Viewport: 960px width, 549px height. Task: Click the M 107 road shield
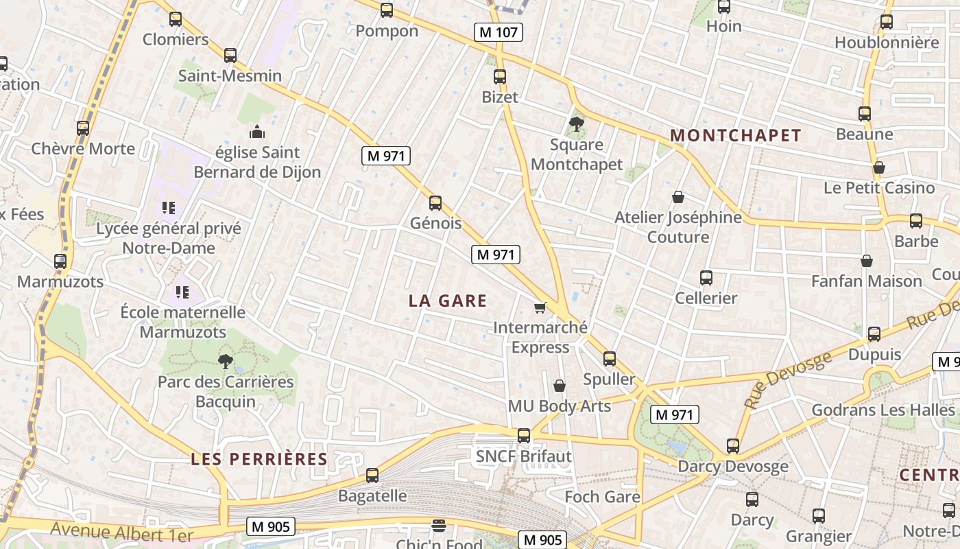point(499,32)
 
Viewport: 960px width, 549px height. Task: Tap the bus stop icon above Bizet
point(500,77)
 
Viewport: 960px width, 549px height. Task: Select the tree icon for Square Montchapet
point(576,124)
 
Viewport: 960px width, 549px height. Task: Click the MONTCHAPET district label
point(736,135)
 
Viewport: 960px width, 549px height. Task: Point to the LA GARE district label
point(448,301)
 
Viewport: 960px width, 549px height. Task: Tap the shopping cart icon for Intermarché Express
point(540,307)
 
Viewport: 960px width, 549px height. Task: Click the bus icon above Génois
point(435,203)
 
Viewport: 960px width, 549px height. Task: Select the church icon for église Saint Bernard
point(257,132)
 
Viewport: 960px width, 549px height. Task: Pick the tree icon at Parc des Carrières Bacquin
point(225,361)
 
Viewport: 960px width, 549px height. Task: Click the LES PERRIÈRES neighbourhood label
point(259,459)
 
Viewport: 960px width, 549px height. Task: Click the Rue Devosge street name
point(789,379)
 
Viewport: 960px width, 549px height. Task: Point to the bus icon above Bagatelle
point(372,475)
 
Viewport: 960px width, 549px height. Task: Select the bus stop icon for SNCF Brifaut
point(524,435)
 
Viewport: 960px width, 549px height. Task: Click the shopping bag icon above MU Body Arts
point(560,386)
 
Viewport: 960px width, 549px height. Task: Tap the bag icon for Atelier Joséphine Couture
point(678,198)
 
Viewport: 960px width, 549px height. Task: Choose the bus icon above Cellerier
point(706,278)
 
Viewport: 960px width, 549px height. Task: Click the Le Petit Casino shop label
point(879,187)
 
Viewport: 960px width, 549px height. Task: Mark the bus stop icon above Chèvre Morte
point(83,128)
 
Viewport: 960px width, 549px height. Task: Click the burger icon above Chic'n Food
point(439,526)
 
